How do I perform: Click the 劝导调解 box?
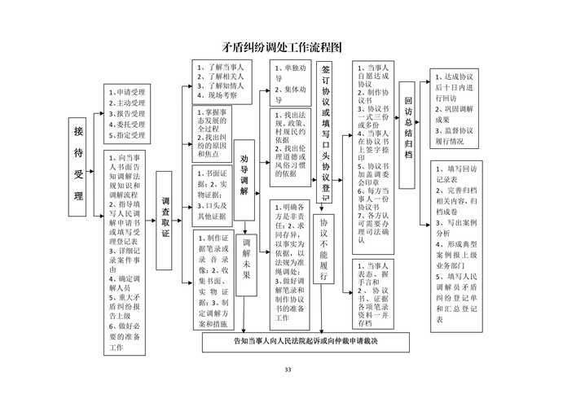(x=244, y=177)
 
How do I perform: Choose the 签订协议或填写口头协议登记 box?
(x=326, y=130)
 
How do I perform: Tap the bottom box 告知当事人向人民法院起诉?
(x=306, y=340)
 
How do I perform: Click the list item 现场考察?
(x=217, y=95)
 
